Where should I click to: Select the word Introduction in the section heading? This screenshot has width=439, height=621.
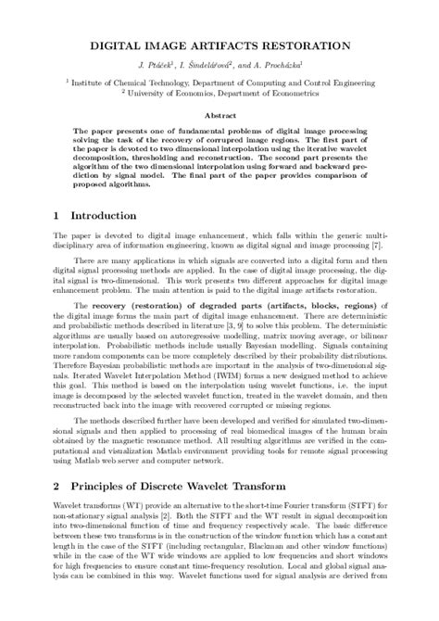pos(103,216)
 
